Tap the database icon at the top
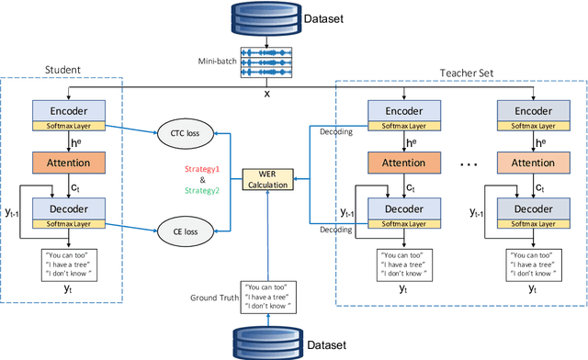click(x=266, y=16)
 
